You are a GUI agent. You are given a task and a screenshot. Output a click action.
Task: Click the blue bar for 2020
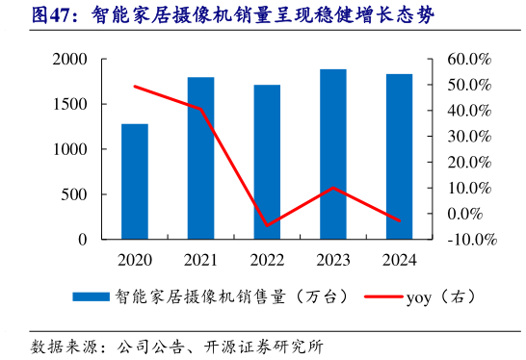tap(135, 181)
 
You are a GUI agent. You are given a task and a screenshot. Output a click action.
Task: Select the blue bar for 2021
tap(200, 158)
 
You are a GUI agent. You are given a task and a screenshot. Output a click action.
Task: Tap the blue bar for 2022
tap(267, 162)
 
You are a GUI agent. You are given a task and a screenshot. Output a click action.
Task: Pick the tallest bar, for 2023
tap(333, 154)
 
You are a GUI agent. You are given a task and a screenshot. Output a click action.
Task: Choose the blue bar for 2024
tap(399, 156)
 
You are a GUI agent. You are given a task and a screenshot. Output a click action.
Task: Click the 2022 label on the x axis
tap(267, 259)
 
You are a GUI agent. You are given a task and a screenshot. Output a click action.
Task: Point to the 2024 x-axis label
tap(399, 259)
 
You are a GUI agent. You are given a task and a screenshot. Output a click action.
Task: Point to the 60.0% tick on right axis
tap(470, 60)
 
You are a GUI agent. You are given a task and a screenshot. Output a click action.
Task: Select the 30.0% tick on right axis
tap(470, 137)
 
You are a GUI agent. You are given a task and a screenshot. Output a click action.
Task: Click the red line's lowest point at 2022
tap(267, 225)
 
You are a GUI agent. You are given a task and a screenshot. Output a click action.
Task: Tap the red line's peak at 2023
tap(333, 188)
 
